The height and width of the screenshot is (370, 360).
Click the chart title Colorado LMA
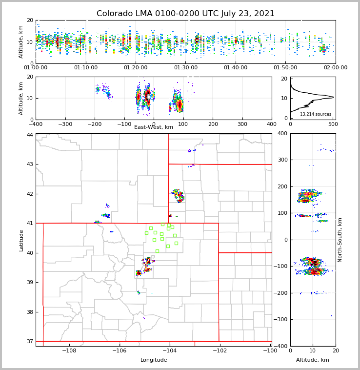[x=185, y=14]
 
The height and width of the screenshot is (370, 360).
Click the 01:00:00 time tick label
[x=36, y=68]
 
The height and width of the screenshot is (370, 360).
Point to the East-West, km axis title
[x=154, y=127]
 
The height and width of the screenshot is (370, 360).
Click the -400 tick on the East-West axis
[x=36, y=124]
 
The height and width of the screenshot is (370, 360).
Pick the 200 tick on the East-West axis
[x=213, y=124]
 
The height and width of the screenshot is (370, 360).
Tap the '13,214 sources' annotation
[x=316, y=114]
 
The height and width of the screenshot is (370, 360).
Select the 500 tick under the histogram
[x=332, y=124]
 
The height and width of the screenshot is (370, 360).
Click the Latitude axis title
[x=21, y=240]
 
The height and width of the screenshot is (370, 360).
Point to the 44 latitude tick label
[x=30, y=135]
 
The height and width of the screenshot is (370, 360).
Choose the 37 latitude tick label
[x=30, y=341]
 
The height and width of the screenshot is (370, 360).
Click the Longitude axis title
[x=154, y=360]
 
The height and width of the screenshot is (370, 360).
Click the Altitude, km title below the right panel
[x=313, y=360]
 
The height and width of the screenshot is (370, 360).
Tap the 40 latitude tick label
[x=30, y=253]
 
